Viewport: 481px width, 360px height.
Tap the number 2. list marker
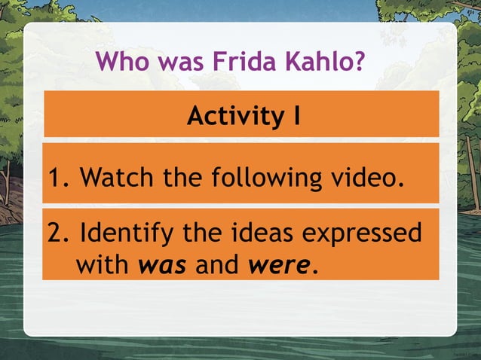point(59,233)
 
